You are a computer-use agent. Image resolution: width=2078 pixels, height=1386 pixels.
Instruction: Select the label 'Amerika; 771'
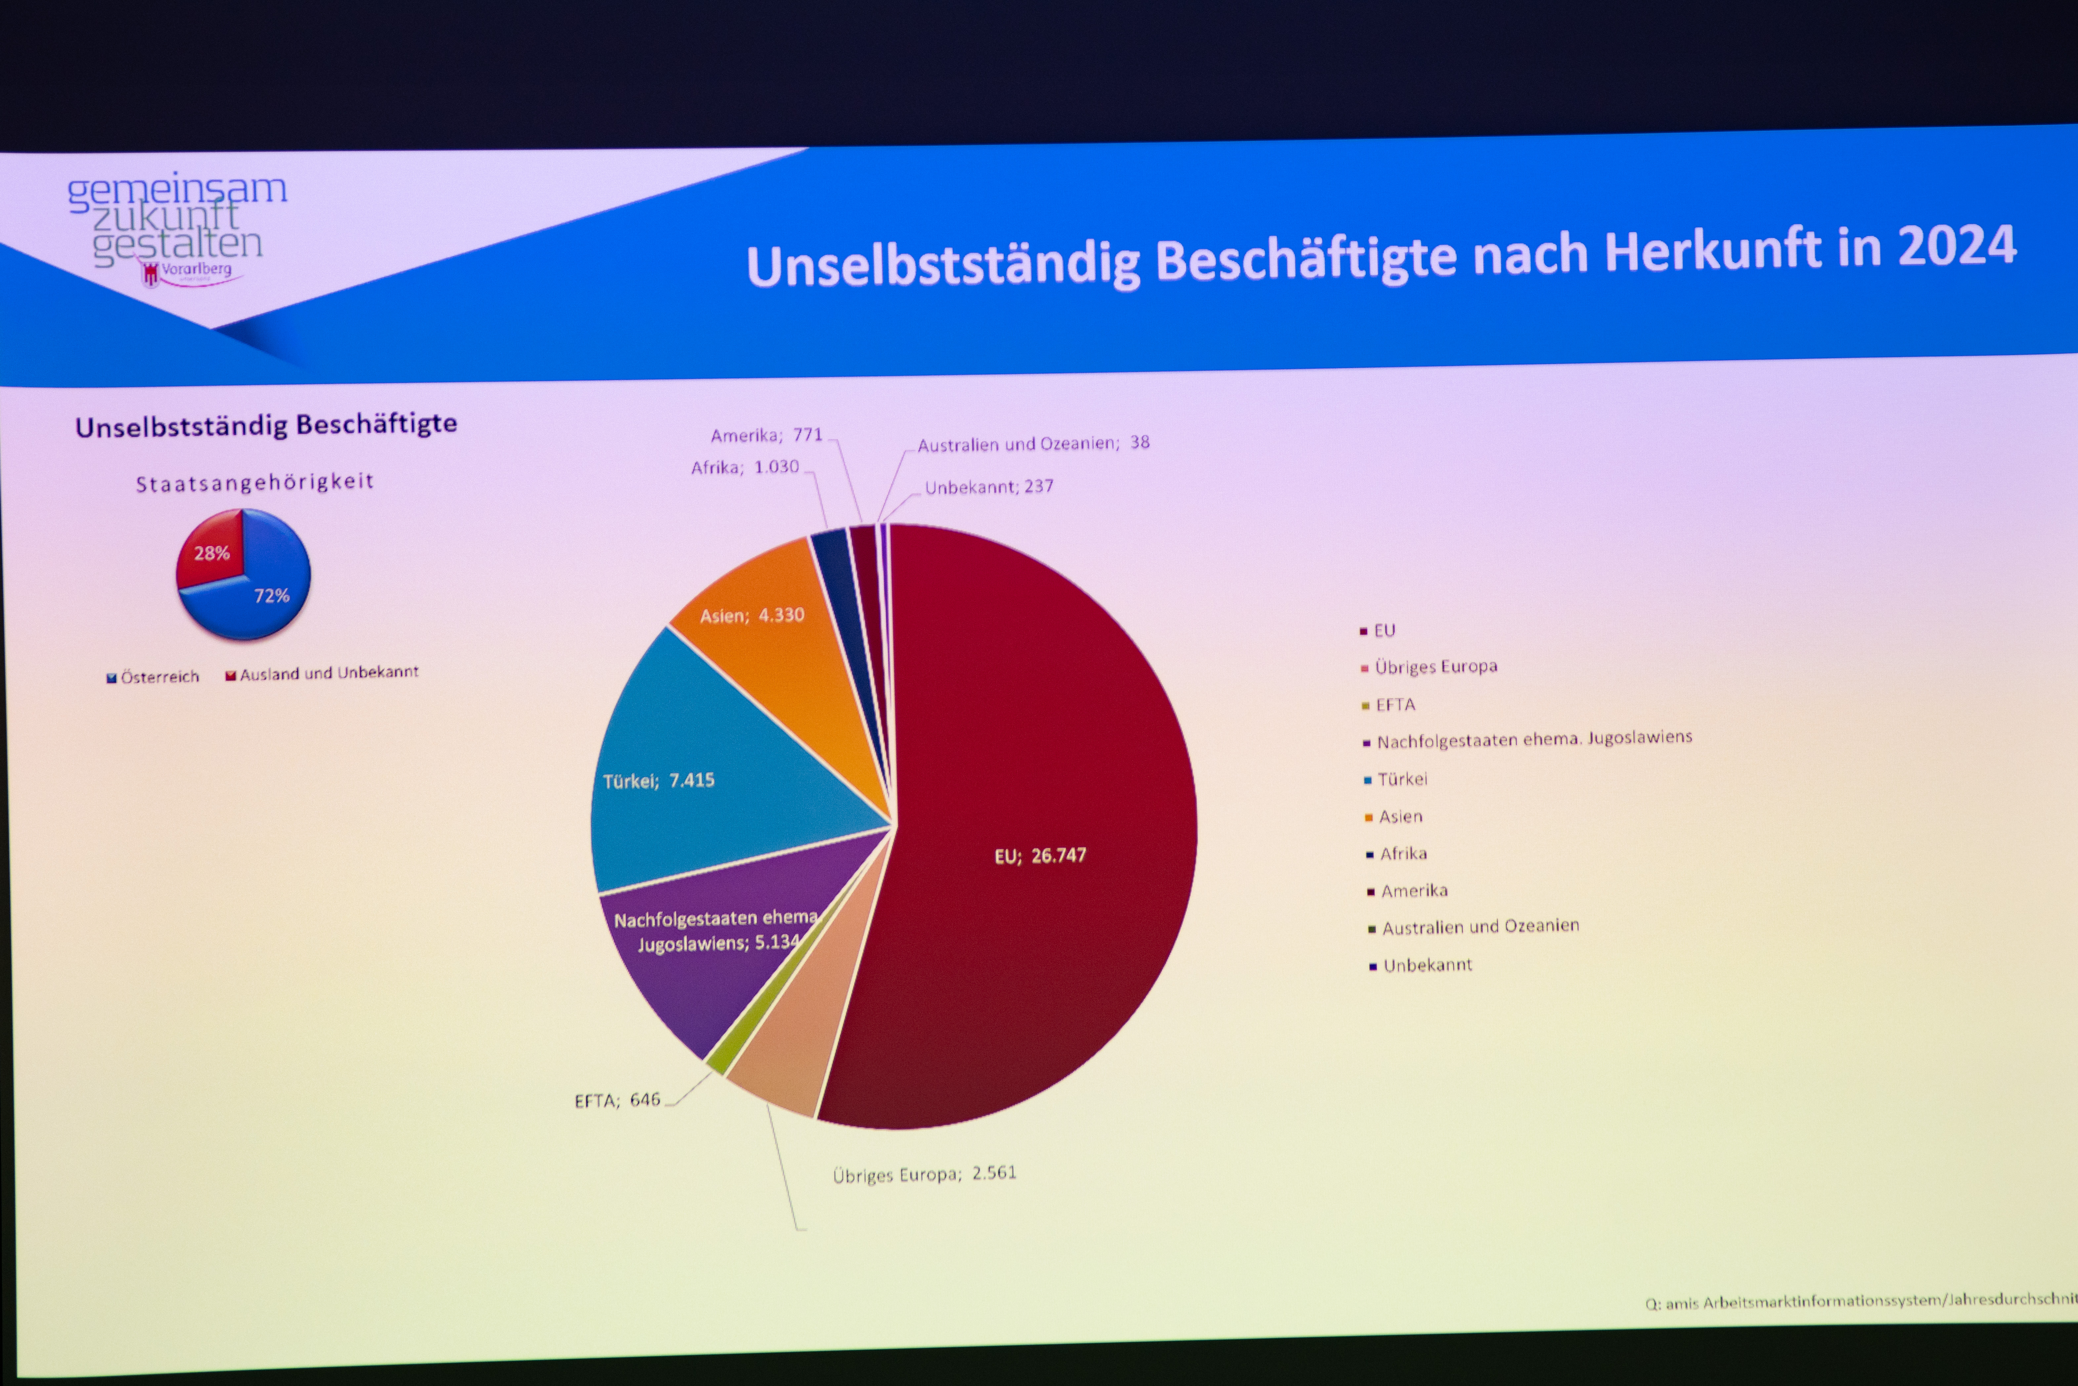click(766, 435)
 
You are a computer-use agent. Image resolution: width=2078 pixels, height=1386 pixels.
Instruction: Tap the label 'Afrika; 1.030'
click(745, 467)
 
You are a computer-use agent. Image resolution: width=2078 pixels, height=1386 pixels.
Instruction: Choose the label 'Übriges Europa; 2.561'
click(924, 1174)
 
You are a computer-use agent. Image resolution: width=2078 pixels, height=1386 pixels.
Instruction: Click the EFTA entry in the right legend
click(1394, 705)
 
